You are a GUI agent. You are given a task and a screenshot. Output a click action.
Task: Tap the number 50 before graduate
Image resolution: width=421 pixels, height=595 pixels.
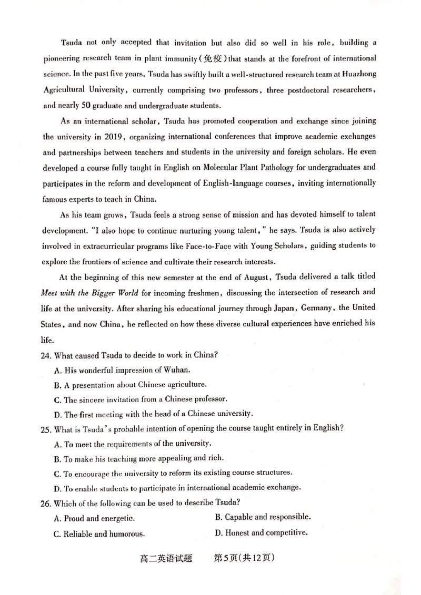[x=76, y=105]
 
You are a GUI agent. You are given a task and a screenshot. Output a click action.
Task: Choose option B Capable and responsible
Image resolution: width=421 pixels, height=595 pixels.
[x=263, y=517]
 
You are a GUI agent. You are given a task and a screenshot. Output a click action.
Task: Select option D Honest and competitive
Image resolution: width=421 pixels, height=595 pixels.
[x=261, y=533]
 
